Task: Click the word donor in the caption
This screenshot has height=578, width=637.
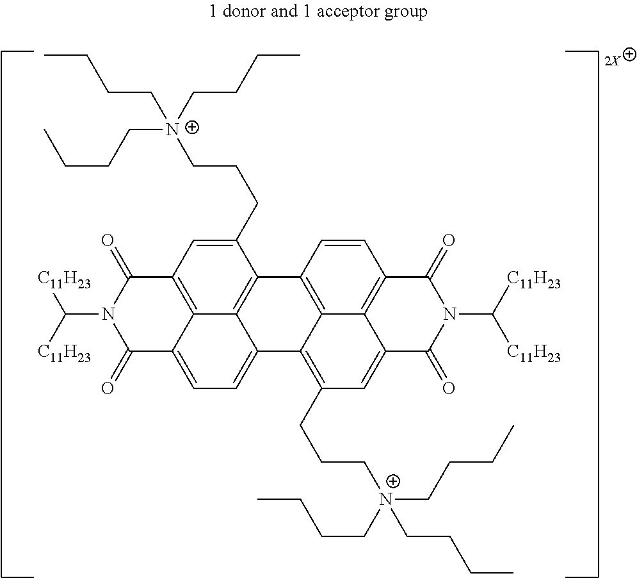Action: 242,11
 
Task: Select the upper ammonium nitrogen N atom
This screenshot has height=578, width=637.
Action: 173,129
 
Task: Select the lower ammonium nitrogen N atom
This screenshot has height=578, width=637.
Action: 385,499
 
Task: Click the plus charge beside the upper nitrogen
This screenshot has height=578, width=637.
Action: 192,128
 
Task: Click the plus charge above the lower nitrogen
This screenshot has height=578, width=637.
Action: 393,482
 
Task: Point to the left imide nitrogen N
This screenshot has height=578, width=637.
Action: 108,314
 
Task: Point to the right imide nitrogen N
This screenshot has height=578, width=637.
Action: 449,314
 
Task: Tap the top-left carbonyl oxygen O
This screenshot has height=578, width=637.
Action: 108,240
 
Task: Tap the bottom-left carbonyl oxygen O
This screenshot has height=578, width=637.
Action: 108,388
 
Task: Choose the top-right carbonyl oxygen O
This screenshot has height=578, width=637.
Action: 449,240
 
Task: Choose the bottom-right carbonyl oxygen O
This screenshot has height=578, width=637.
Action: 449,388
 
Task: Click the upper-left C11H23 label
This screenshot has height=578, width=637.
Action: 64,280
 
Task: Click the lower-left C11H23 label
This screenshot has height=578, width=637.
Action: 64,353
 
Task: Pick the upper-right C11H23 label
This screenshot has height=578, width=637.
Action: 534,280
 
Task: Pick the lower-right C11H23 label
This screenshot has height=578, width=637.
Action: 534,353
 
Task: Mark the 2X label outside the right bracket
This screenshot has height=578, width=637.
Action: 612,62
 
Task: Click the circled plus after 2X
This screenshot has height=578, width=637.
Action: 629,54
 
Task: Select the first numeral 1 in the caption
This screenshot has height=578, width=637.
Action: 213,11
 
